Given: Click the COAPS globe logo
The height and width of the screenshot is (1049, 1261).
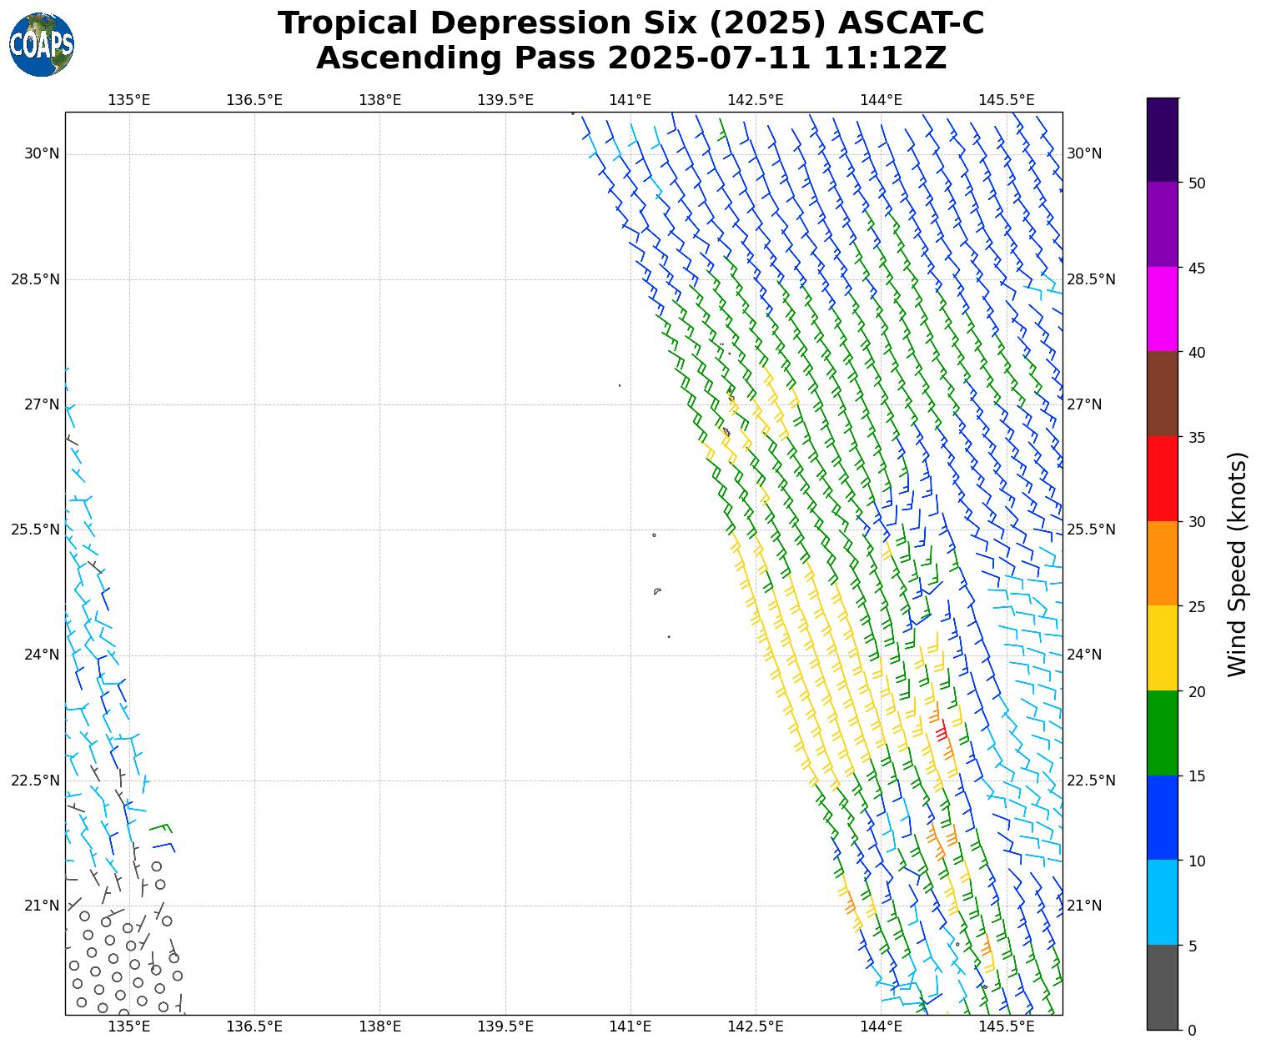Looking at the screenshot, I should point(42,44).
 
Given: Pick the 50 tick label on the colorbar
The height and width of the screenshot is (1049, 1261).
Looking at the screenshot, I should point(1197,183).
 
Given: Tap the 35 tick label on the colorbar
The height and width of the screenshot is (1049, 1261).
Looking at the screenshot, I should point(1197,437).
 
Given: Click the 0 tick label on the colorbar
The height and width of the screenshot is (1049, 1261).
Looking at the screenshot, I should point(1193,1031).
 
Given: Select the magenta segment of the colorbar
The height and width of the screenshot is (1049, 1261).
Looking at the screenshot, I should point(1163,309).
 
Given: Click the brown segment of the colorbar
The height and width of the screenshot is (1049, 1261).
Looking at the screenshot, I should point(1163,394).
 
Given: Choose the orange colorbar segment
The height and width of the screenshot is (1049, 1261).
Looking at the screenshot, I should point(1163,564).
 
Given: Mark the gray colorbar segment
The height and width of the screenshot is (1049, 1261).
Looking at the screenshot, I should point(1163,987).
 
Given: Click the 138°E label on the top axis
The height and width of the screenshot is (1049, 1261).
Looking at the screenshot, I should point(379,100).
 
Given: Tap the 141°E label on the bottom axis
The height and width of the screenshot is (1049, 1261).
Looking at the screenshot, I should point(630,1026).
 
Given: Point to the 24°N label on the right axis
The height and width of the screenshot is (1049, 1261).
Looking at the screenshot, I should point(1084,655).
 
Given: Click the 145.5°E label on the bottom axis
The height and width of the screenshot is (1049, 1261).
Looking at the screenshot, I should point(1006,1026).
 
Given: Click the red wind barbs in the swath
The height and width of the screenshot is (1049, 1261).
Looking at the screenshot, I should point(940,730).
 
